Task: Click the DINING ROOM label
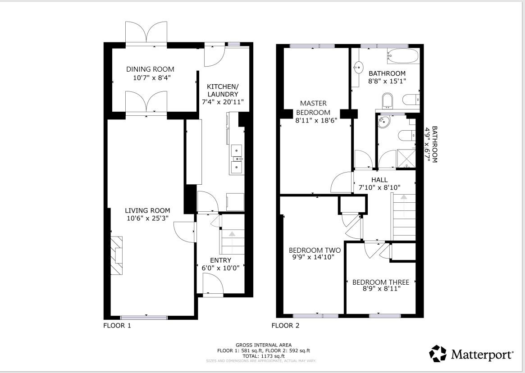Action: point(150,69)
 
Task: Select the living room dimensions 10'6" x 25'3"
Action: point(147,219)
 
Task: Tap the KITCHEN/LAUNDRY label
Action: point(223,90)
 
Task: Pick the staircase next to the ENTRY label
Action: point(232,242)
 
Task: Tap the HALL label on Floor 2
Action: point(379,180)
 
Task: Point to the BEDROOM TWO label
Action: point(315,250)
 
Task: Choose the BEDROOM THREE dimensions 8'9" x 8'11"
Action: point(382,289)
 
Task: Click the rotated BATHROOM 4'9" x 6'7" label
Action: point(431,144)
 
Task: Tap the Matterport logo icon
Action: point(438,354)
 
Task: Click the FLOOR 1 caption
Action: point(117,325)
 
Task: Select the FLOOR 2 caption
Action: point(285,325)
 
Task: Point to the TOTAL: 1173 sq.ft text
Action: point(264,356)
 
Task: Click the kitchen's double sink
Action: point(236,159)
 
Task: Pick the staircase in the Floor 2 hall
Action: point(404,216)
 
